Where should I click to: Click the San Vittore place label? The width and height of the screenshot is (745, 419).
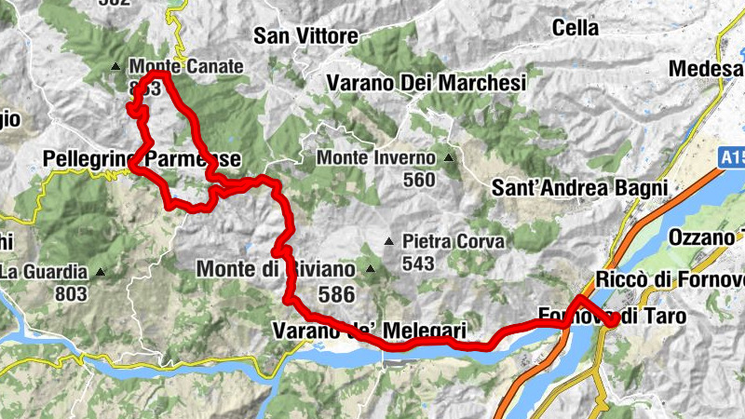pos(306,36)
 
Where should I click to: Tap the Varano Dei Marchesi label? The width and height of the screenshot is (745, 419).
pos(427,83)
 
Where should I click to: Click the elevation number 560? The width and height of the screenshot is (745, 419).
pos(420,180)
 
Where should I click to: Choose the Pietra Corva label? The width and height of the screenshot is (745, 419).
pos(454,242)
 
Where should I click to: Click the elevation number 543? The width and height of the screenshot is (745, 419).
pos(419,264)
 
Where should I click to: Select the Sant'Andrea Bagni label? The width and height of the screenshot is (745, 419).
pos(580,187)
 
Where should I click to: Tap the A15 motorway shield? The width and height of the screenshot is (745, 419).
pos(732,158)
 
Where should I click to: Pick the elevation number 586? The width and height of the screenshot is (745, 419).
pos(336,294)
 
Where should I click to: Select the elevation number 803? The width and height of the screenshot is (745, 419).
pos(70,294)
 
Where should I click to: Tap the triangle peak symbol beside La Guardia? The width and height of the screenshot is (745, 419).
pos(99,273)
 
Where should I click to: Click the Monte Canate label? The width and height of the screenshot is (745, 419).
pos(186,66)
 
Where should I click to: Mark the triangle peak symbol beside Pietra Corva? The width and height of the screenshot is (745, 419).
pos(389,242)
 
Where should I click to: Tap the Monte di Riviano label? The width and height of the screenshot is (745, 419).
pos(276,270)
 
